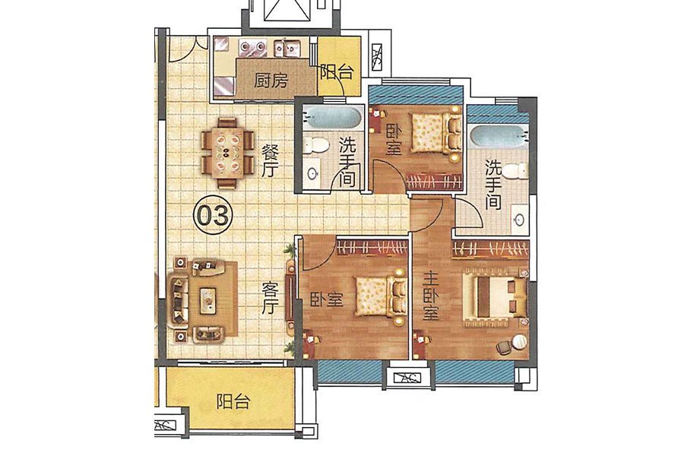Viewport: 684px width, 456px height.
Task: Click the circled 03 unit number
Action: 214,214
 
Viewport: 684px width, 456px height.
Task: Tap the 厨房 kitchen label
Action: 271,81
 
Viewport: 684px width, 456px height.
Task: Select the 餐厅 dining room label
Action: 270,161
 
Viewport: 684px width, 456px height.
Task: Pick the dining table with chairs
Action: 227,153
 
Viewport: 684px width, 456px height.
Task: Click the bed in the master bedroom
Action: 496,296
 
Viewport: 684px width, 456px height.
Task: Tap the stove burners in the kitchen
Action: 252,46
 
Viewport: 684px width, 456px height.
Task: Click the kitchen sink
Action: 288,47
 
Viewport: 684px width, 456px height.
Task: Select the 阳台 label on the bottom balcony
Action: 233,401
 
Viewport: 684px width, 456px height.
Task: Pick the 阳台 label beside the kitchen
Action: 337,72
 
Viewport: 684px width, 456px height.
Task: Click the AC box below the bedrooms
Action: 408,378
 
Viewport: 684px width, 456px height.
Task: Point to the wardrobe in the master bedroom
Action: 490,249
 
